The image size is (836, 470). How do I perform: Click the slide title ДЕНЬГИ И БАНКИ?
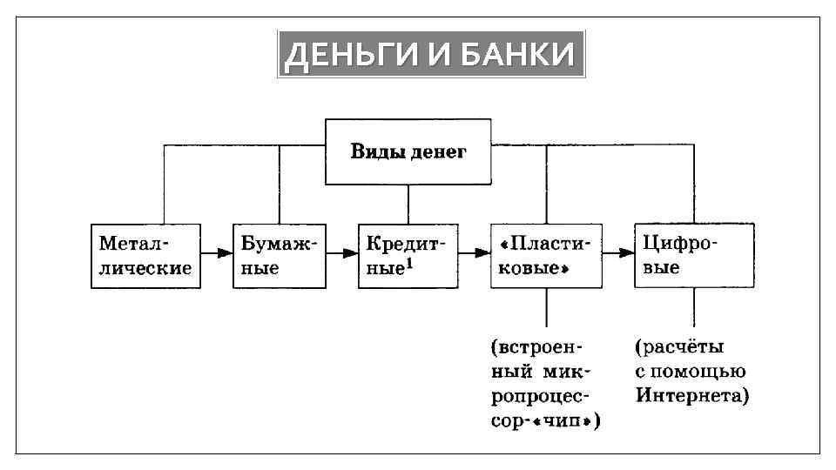coord(430,55)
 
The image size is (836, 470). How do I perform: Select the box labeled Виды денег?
coord(408,152)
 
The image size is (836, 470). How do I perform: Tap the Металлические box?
coord(145,255)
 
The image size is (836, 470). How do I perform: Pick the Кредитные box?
coord(408,255)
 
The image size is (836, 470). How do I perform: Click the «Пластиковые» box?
coord(546,255)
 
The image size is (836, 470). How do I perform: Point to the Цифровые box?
coord(693,255)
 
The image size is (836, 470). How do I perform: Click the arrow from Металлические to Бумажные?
coord(216,253)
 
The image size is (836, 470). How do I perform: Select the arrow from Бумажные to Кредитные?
coord(341,253)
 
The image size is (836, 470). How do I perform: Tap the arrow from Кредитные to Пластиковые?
coord(475,253)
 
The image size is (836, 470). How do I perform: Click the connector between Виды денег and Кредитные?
coord(408,204)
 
